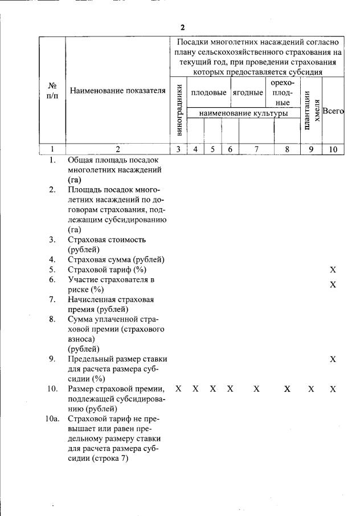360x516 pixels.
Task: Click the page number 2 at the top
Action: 182,27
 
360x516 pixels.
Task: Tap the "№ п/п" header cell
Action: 52,91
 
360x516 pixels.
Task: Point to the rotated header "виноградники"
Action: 179,110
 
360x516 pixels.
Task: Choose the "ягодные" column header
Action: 248,92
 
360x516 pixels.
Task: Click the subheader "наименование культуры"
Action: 243,113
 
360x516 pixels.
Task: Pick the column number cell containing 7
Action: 256,149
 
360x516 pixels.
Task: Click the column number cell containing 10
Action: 333,149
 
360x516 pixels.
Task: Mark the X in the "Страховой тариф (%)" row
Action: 333,269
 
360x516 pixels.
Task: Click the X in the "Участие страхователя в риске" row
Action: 333,284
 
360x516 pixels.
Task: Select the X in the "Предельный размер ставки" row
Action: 333,359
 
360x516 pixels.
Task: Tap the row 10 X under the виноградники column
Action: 178,389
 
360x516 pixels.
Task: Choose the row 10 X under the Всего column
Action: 333,389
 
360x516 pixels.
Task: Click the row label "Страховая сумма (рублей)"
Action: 116,259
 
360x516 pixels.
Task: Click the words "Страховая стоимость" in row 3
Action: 107,239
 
